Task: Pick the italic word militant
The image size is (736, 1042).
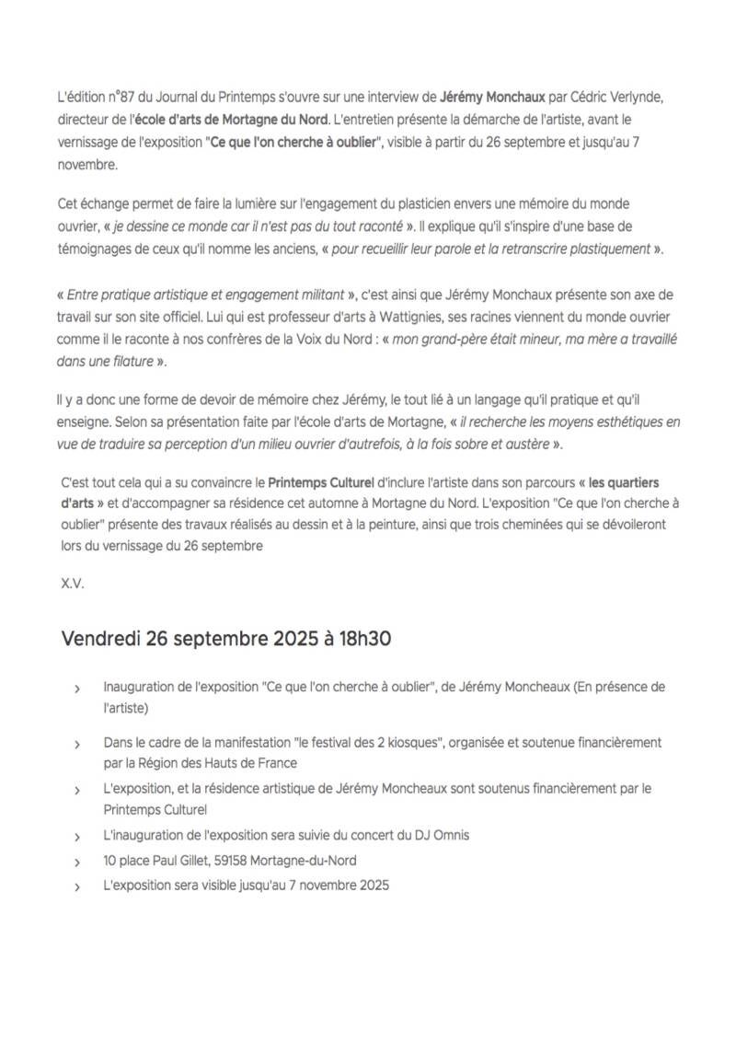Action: (316, 294)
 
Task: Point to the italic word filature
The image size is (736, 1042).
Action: (126, 362)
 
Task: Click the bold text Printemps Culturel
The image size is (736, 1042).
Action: (322, 482)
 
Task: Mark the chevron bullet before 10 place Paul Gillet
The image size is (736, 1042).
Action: (77, 862)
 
